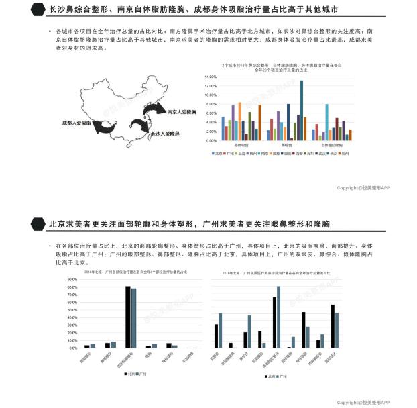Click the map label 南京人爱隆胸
click(180, 112)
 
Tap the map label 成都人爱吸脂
click(78, 123)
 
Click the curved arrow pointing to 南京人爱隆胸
click(152, 109)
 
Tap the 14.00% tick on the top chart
click(211, 77)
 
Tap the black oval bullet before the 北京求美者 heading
click(39, 223)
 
